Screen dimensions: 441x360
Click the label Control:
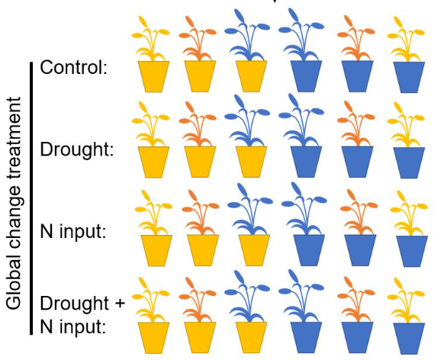coord(74,67)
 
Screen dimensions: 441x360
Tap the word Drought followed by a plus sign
coord(75,304)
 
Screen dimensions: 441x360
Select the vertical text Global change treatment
coord(14,203)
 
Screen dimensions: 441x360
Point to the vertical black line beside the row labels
coord(31,198)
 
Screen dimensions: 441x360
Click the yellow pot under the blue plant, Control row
coord(251,76)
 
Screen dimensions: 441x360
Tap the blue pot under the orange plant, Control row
coord(358,76)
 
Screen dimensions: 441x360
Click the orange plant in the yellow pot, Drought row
coord(198,125)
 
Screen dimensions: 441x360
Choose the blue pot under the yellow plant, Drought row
coord(409,162)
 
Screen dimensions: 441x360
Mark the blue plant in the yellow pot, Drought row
coord(246,122)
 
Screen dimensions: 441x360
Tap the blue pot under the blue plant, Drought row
coord(306,162)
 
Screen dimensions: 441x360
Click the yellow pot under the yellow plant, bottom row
coord(153,338)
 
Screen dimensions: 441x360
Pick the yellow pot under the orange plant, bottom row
coord(200,338)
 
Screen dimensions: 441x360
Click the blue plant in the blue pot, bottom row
coord(301,297)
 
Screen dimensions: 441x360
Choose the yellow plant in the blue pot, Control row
coord(406,40)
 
